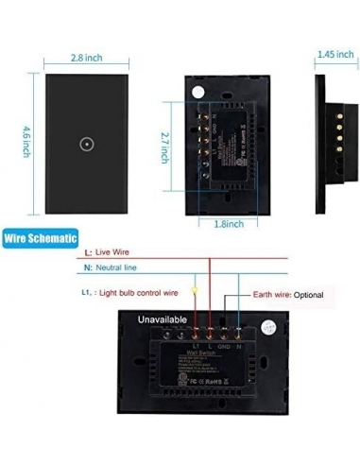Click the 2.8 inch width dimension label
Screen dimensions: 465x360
(x=89, y=59)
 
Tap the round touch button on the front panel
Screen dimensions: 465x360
(x=88, y=146)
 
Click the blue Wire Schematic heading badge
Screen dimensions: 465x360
(x=40, y=239)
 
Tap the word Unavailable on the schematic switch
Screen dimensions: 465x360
(x=142, y=320)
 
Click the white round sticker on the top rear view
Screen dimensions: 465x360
(x=198, y=92)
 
